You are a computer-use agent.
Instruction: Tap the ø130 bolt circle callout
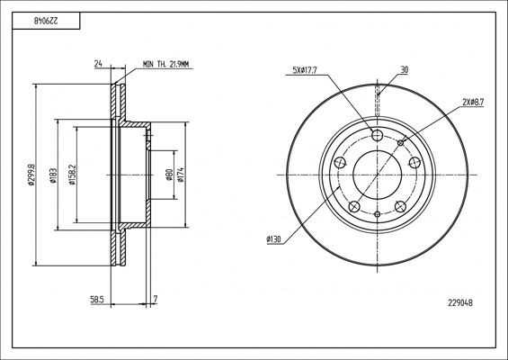275,238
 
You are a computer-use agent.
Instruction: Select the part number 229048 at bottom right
459,303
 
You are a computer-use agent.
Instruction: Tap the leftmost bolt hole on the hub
341,163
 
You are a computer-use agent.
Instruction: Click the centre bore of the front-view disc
378,171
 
